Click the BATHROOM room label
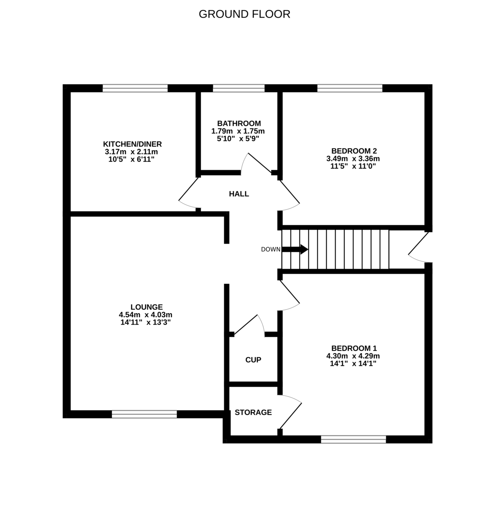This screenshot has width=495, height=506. [x=239, y=124]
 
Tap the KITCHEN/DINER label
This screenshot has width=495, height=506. [x=133, y=144]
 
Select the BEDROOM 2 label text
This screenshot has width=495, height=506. [x=354, y=151]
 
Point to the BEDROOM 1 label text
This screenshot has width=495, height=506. [x=354, y=348]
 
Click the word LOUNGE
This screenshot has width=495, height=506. [x=146, y=307]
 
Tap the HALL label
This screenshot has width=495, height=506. [x=239, y=194]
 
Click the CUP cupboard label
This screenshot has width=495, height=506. [x=253, y=360]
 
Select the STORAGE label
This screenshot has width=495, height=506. [x=253, y=412]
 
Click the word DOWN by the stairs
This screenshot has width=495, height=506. [x=270, y=249]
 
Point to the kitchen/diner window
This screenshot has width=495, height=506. [x=135, y=88]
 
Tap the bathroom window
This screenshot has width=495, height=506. [x=239, y=88]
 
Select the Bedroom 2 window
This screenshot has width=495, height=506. [x=350, y=88]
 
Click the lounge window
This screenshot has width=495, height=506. [x=144, y=414]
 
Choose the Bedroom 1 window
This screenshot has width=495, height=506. [x=354, y=440]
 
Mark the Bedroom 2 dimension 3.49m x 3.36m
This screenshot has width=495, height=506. [x=354, y=159]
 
